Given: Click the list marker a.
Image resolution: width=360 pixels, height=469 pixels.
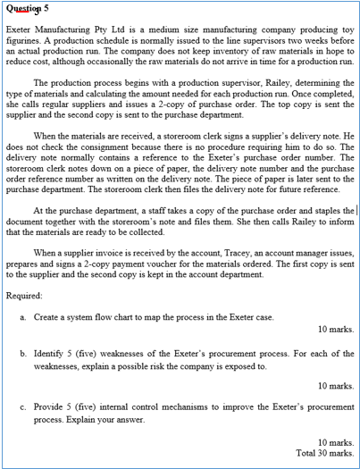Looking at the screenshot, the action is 22,317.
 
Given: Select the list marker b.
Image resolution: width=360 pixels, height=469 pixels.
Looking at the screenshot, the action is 22,353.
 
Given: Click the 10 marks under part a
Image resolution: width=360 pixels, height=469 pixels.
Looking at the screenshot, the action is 336,329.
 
